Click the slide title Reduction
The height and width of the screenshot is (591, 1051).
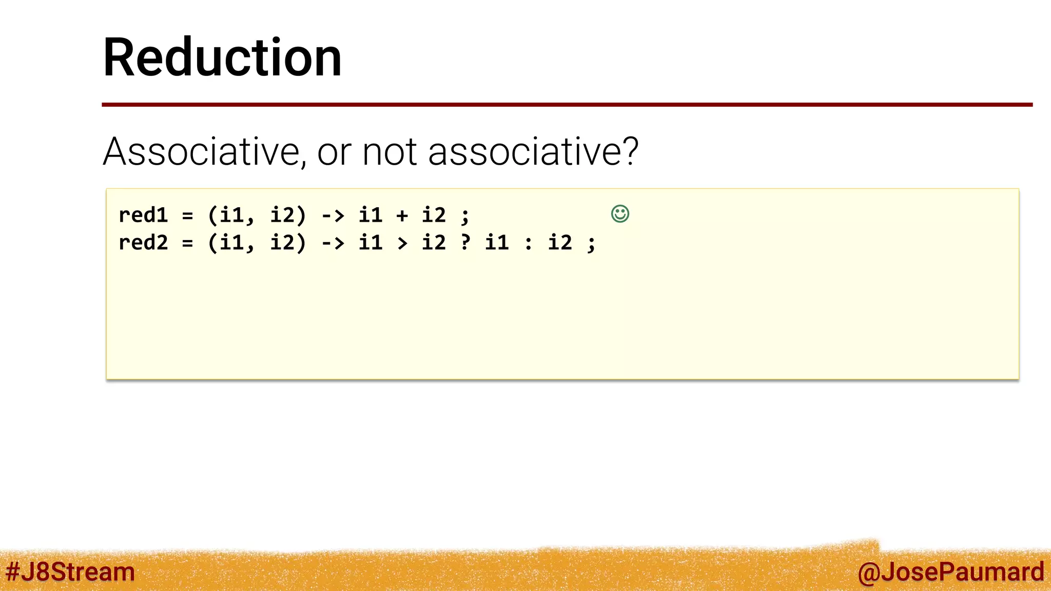[222, 57]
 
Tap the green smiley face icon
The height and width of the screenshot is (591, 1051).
[620, 213]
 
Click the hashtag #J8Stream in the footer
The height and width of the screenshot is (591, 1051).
[70, 572]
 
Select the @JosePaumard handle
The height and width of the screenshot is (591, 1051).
[950, 572]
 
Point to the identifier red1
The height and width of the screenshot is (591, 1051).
[143, 215]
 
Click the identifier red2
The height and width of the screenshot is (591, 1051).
[143, 243]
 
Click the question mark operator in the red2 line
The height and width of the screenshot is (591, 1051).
[465, 242]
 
